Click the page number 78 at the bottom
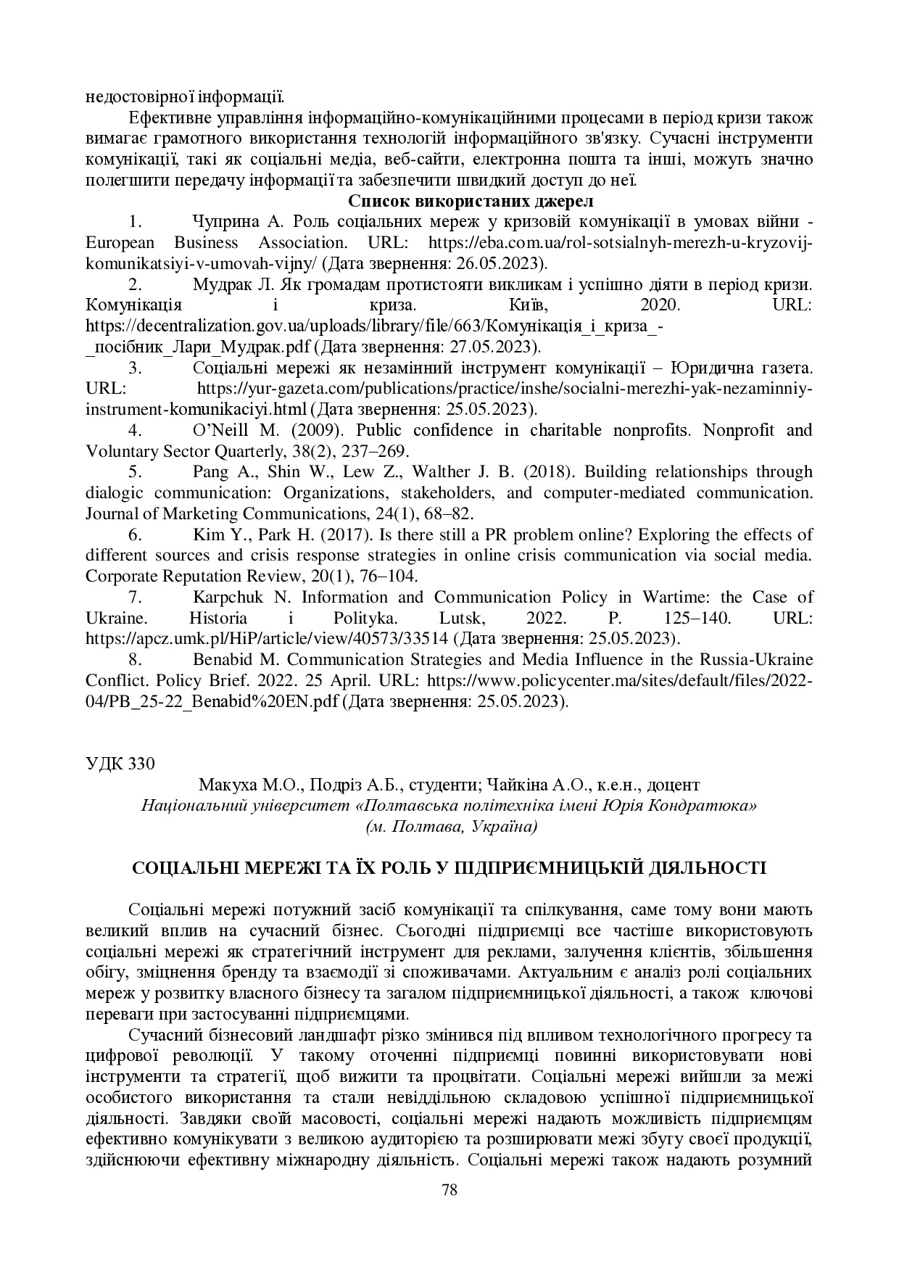click(x=449, y=1189)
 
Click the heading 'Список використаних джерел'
click(x=471, y=200)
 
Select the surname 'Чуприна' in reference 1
click(x=223, y=221)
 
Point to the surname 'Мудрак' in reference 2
click(x=222, y=284)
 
